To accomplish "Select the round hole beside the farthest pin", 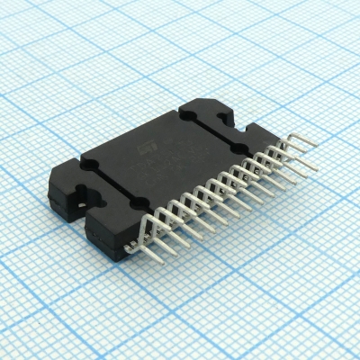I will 241,148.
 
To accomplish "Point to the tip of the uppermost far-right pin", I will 315,167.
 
